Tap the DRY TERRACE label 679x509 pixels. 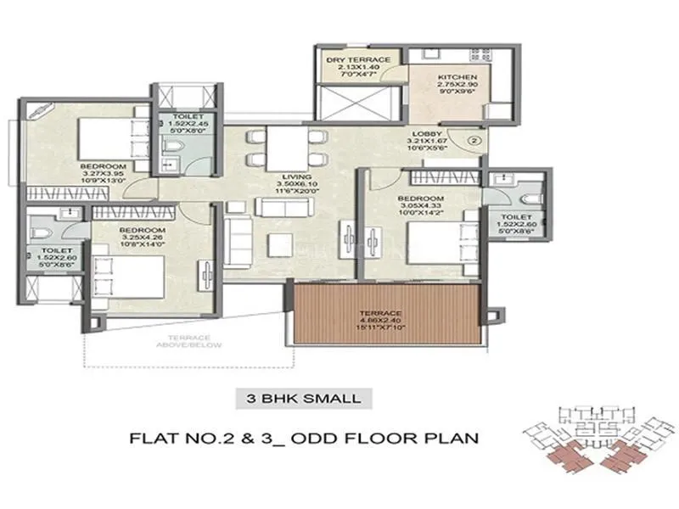358,59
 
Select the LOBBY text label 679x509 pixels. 425,133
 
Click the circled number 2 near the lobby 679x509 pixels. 475,138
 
